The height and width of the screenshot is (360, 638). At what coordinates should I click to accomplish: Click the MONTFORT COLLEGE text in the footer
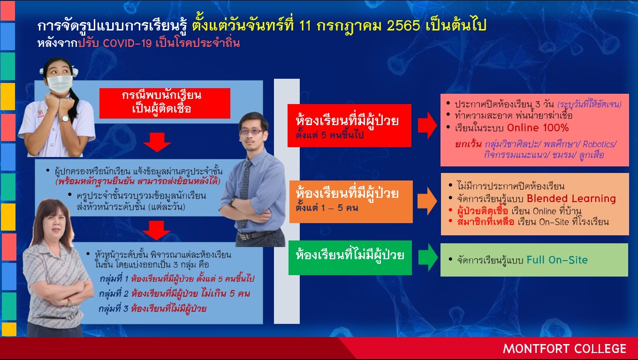pos(564,349)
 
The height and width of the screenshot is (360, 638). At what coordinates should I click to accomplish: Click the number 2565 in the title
pos(403,26)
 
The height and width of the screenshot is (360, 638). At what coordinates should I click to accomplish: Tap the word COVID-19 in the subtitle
pos(127,43)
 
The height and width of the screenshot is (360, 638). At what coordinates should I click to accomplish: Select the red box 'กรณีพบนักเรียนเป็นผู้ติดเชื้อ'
pos(165,103)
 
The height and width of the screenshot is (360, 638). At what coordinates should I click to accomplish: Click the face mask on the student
pos(60,83)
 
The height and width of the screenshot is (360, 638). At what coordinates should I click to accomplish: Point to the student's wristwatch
pos(65,119)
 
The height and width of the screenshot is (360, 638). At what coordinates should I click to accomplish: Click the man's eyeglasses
pos(251,131)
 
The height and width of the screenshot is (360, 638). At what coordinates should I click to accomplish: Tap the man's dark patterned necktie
pos(244,194)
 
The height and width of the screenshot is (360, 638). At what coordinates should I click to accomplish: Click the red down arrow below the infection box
pos(157,142)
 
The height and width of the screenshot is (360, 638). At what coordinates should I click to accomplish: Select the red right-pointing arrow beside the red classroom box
pos(427,125)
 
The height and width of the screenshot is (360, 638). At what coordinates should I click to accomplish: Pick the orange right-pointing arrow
pos(427,201)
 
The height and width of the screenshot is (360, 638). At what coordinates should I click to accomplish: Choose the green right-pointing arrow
pos(428,257)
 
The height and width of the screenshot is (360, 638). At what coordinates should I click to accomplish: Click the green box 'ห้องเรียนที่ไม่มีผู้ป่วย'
pos(350,257)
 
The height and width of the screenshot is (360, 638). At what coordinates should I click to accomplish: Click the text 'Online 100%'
pos(538,127)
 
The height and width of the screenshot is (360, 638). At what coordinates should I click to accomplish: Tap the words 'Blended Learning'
pos(571,198)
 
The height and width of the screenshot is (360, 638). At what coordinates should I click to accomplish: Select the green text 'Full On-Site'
pos(557,260)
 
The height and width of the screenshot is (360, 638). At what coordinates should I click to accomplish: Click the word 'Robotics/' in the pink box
pos(600,144)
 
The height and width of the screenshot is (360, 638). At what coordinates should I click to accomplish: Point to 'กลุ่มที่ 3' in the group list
pos(113,308)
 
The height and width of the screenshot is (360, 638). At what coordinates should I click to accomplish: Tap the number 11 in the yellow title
pos(305,26)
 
